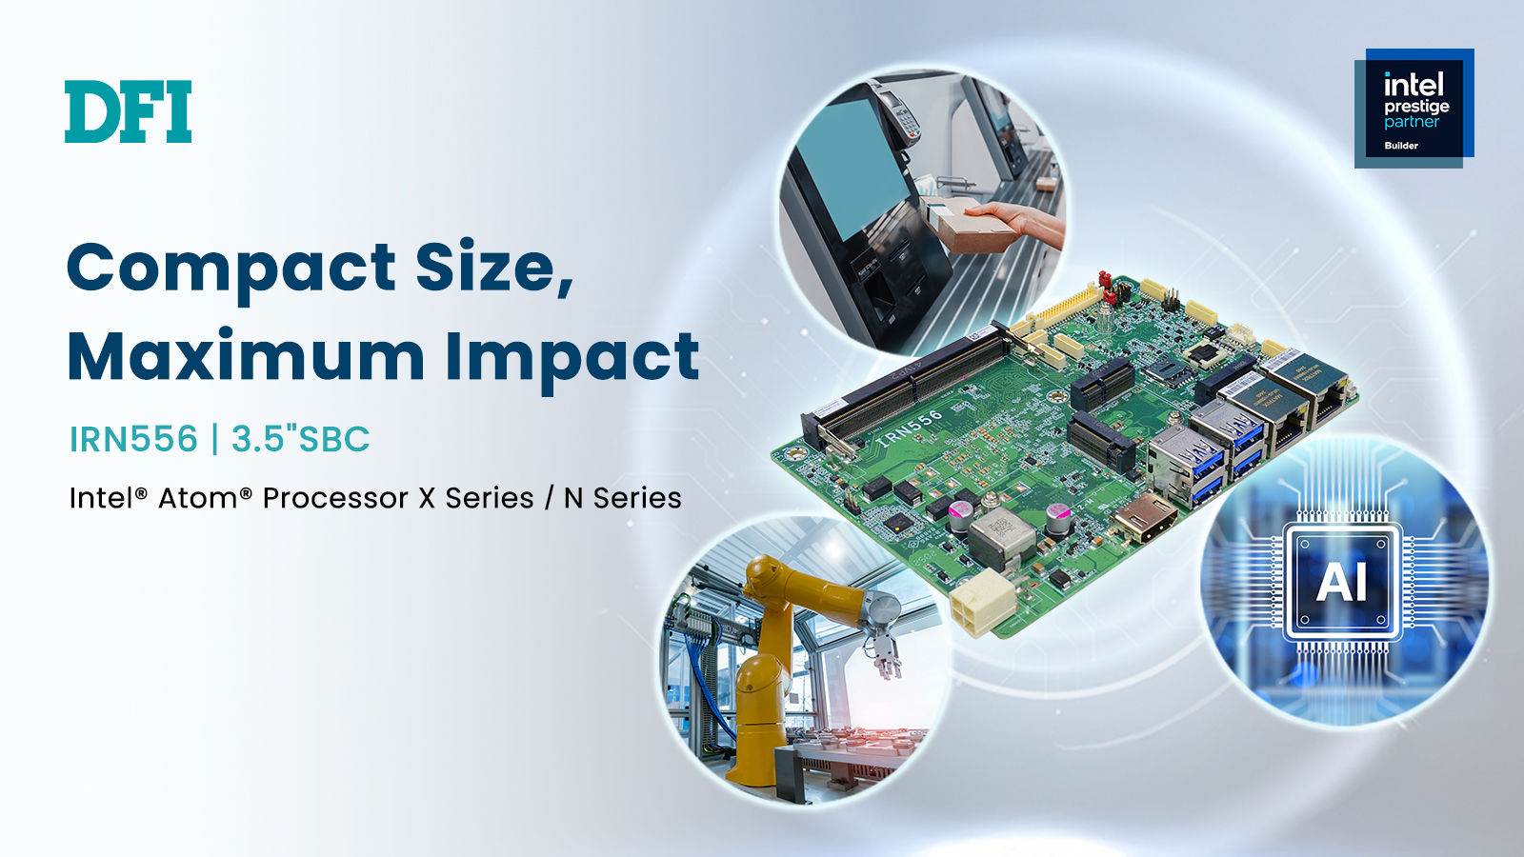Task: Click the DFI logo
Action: click(x=128, y=111)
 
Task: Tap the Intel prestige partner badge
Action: click(x=1414, y=109)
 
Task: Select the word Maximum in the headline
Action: click(x=247, y=356)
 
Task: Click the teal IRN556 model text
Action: click(x=134, y=439)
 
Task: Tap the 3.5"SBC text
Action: click(x=301, y=439)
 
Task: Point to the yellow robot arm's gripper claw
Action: click(x=885, y=654)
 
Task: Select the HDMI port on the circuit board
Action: click(x=1145, y=517)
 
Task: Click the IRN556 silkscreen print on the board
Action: click(x=911, y=428)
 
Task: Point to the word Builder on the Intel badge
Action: click(x=1401, y=146)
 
